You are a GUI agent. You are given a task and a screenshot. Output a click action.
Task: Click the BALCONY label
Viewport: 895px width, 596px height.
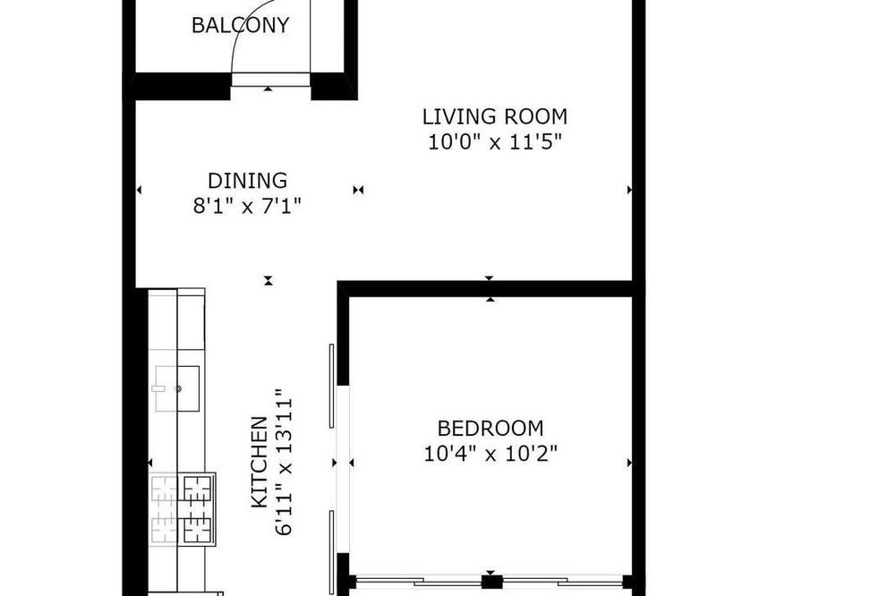coord(240,26)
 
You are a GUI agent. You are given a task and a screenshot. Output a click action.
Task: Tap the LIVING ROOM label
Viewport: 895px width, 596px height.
coord(495,116)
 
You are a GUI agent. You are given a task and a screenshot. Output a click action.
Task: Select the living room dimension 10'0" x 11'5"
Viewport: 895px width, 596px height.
coord(495,141)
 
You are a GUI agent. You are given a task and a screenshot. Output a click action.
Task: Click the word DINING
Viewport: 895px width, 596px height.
coord(247,181)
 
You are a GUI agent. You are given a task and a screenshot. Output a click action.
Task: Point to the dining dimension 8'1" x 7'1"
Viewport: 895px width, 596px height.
coord(247,206)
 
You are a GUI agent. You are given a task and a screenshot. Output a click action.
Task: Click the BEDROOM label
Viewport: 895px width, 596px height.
coord(490,428)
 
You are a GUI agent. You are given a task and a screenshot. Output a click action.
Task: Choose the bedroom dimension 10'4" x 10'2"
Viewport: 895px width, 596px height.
coord(490,454)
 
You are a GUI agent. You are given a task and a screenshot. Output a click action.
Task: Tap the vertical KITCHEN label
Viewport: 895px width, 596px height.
coord(260,463)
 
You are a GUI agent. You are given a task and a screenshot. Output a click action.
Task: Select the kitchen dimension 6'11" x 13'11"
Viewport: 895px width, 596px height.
coord(284,463)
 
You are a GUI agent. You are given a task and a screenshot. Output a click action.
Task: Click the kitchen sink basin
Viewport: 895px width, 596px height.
coord(177,388)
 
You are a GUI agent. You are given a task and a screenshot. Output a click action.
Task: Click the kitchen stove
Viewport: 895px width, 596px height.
coord(182,509)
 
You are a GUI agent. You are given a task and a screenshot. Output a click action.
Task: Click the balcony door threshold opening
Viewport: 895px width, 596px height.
coord(270,80)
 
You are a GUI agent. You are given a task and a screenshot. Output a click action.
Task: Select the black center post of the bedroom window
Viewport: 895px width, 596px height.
coord(491,583)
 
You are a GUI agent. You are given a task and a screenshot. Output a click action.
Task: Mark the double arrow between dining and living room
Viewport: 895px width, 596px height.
coord(358,190)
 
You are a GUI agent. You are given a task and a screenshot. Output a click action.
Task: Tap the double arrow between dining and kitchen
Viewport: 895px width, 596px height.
coord(268,280)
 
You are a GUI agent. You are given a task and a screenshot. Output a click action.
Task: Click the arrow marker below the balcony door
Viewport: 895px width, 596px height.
coord(268,89)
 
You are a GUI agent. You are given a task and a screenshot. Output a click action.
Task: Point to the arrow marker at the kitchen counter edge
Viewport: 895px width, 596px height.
coord(150,463)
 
